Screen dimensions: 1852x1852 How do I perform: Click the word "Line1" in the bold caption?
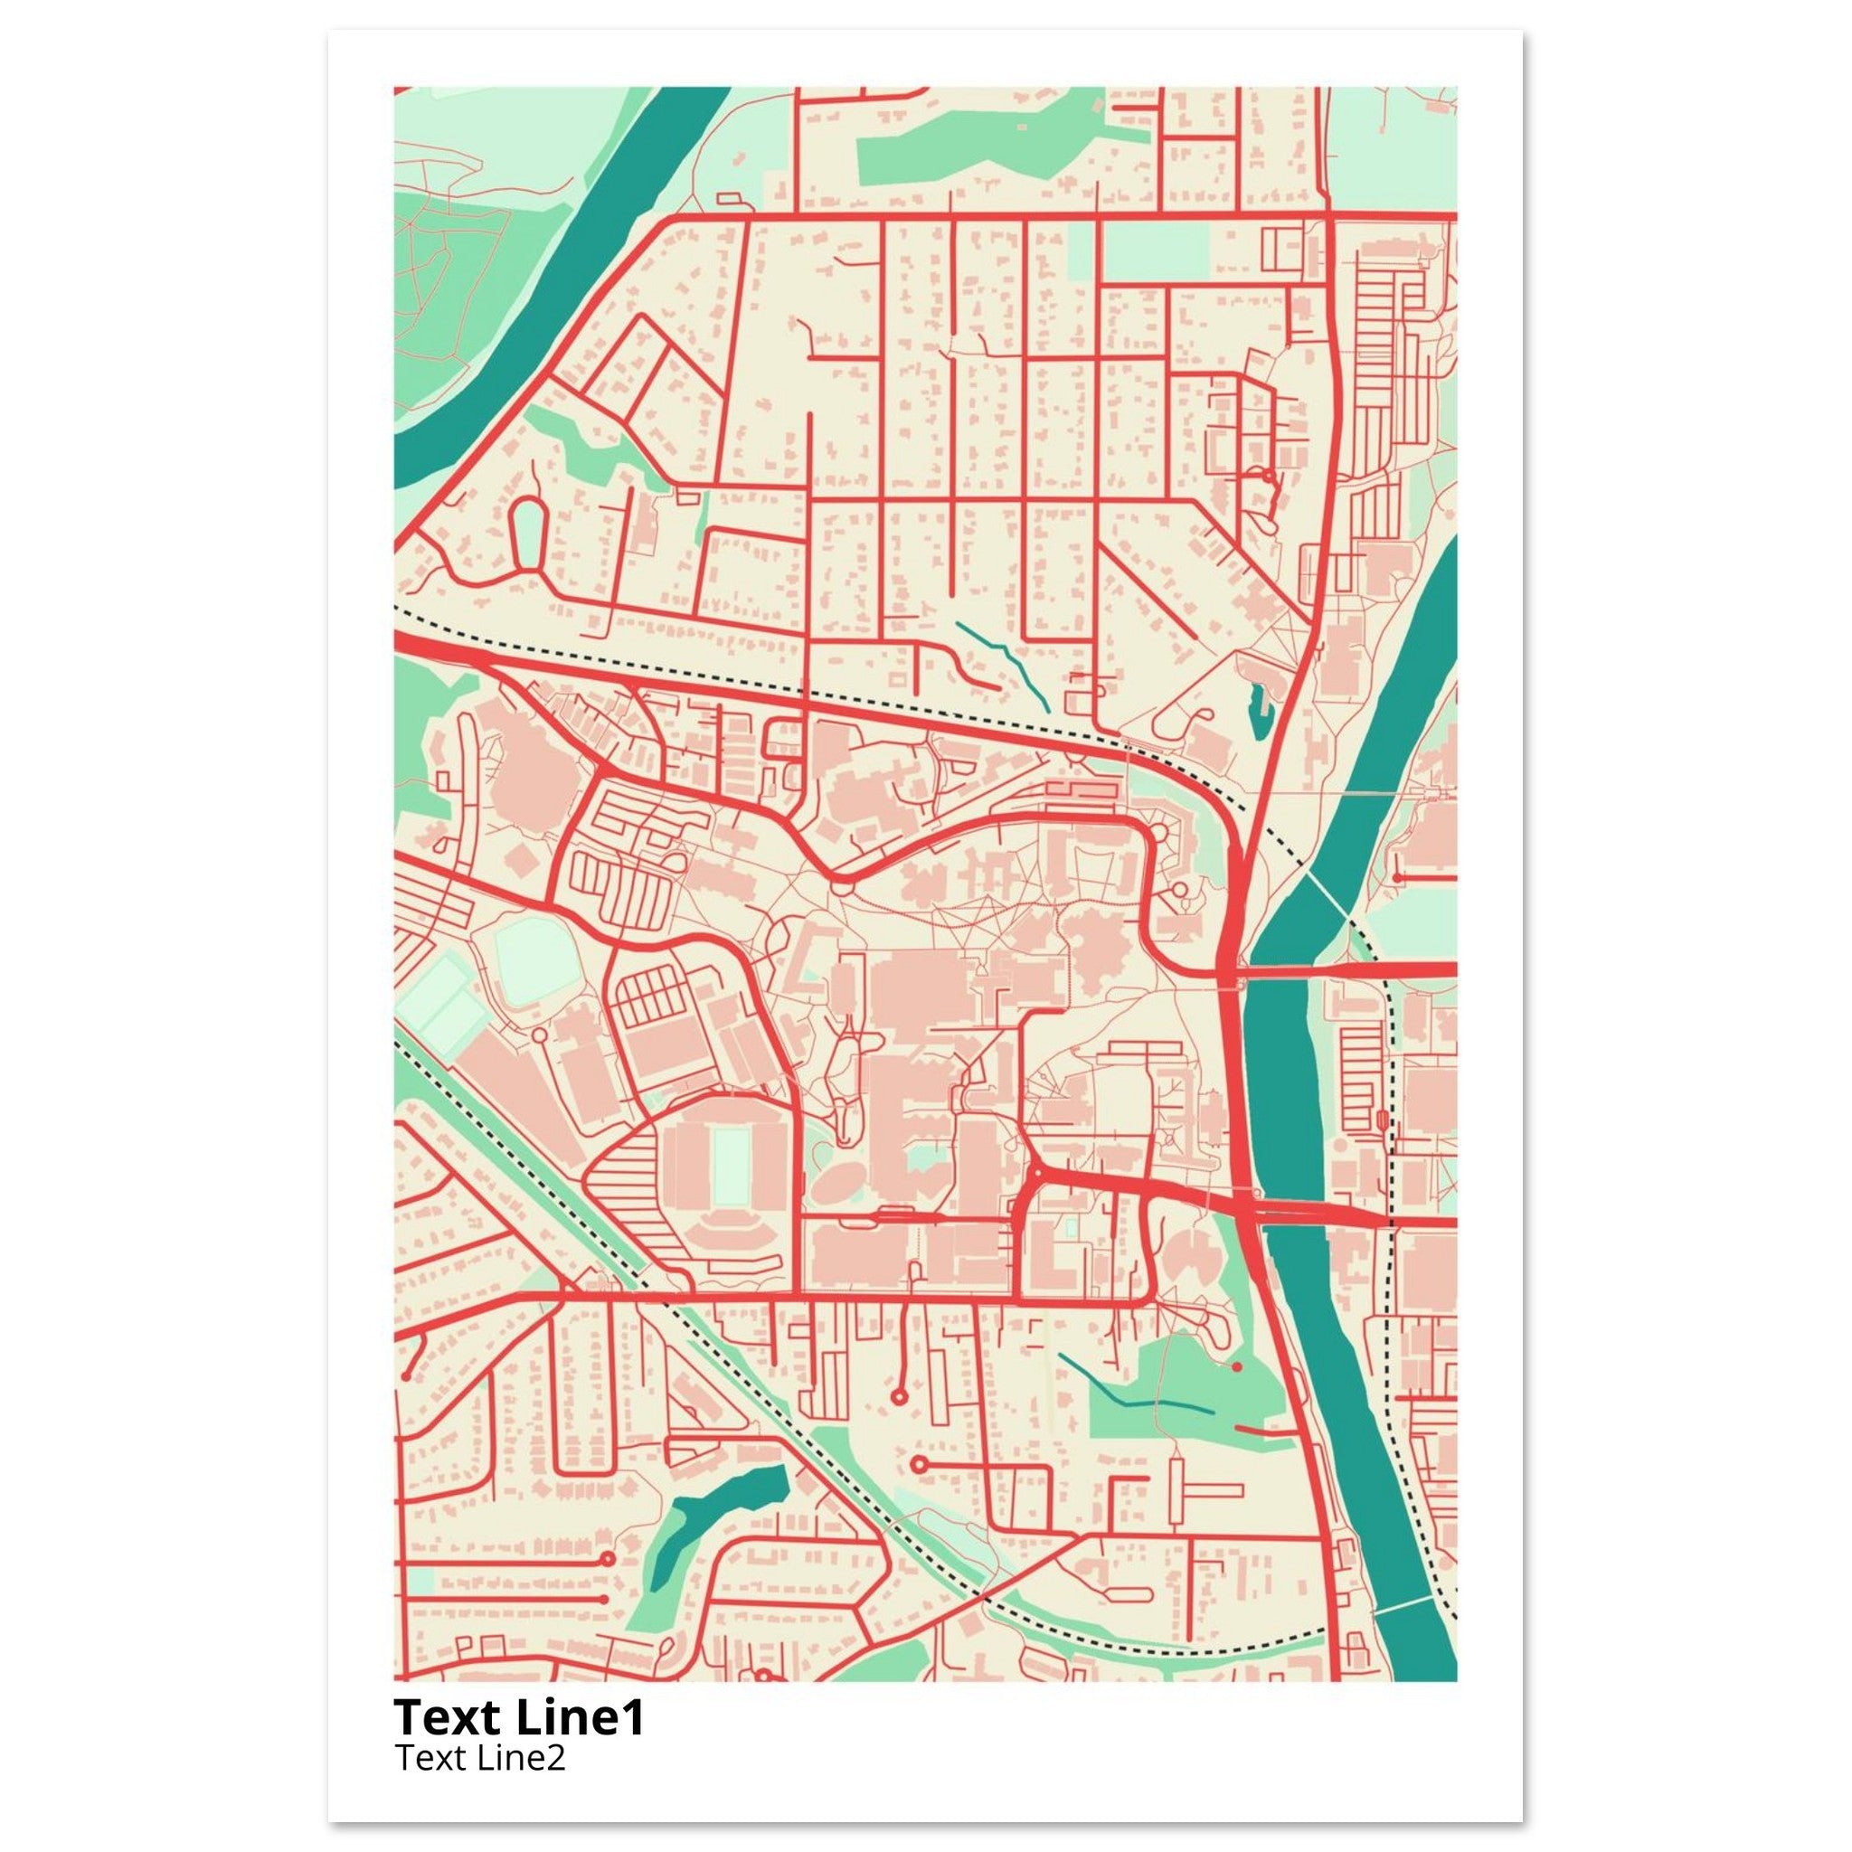580,1717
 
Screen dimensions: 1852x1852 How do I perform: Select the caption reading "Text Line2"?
479,1757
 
